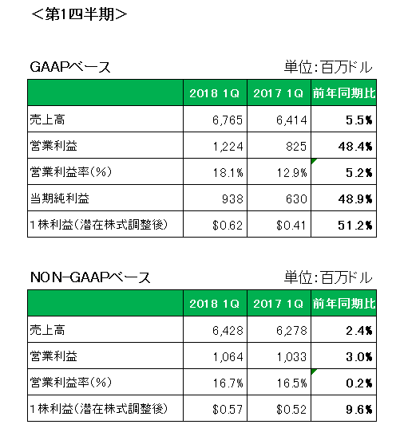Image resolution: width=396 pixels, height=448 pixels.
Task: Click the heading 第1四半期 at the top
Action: (79, 14)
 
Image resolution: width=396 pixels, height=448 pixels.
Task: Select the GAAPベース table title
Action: (70, 68)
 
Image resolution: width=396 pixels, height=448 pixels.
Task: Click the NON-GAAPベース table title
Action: (90, 277)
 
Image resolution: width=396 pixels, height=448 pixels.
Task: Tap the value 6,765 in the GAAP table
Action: (228, 120)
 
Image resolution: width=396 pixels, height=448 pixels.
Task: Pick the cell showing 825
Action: (296, 147)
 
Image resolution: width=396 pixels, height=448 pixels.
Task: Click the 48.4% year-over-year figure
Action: (355, 147)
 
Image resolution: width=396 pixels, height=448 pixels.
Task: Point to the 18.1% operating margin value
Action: (228, 173)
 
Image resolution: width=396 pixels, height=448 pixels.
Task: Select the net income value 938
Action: (232, 199)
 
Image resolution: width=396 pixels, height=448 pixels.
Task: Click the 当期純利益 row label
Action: (60, 198)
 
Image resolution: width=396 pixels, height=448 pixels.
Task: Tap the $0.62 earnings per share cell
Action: (228, 226)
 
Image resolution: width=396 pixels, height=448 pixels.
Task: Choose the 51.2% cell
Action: (355, 226)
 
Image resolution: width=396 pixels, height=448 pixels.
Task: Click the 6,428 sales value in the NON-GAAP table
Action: (228, 331)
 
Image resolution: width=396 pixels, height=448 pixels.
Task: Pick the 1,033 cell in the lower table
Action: (291, 357)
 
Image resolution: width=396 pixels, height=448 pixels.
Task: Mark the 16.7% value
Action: (228, 383)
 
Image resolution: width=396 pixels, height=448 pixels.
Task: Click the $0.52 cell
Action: (291, 410)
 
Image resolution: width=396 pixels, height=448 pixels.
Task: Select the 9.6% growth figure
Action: (359, 410)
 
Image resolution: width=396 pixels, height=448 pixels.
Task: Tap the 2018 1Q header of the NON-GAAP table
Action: (214, 304)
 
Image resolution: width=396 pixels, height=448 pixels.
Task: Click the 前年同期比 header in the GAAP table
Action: (344, 93)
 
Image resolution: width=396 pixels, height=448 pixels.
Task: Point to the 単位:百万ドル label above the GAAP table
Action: (328, 68)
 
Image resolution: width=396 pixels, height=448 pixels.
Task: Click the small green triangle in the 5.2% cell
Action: (313, 161)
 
